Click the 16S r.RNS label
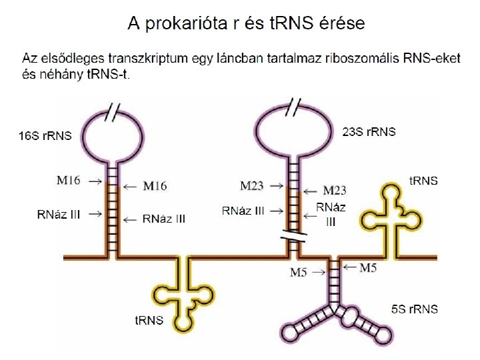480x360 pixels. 44,136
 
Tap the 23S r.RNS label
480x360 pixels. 368,132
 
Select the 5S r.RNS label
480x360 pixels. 415,309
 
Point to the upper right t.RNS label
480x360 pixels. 423,180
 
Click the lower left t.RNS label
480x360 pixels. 149,320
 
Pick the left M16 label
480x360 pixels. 70,180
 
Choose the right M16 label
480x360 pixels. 154,186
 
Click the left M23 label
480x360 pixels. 254,184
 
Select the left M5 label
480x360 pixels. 299,272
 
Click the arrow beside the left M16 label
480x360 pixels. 95,181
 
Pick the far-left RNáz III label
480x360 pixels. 59,214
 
